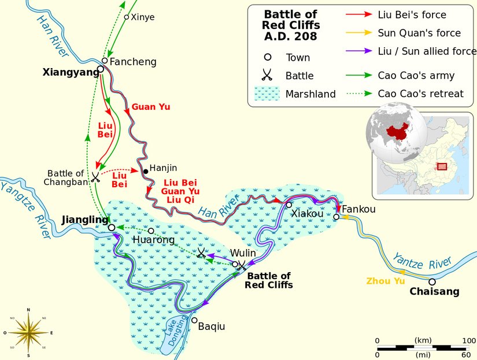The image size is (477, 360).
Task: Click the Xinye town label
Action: (143, 17)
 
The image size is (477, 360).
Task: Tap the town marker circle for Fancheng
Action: (105, 61)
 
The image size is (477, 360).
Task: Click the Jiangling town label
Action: (84, 220)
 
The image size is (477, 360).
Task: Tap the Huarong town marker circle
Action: (151, 231)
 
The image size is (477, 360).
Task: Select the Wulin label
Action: (242, 253)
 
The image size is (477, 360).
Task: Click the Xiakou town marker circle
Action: (289, 205)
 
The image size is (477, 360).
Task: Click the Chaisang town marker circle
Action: (431, 281)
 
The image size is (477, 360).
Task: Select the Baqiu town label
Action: (211, 326)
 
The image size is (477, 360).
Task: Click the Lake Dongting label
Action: (174, 332)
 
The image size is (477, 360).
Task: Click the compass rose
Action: (28, 332)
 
